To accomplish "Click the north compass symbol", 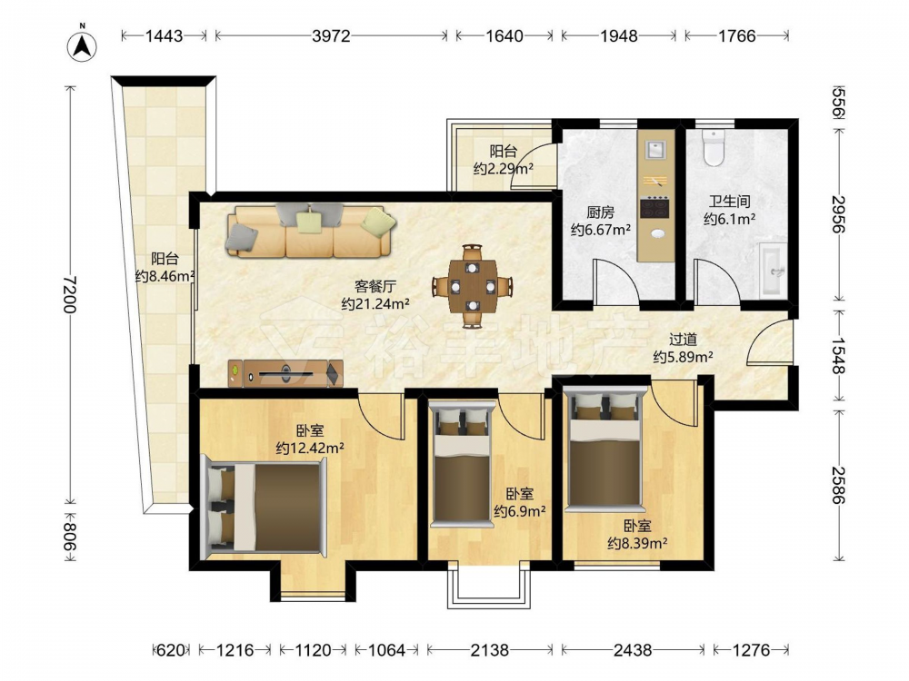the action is pos(83,44).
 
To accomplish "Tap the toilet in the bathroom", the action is pos(713,147).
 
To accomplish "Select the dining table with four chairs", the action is pos(473,286).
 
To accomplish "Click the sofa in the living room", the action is pos(311,231).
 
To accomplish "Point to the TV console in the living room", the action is pos(285,373).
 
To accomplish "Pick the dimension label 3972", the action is pos(331,36).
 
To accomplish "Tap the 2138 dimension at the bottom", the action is pos(489,650).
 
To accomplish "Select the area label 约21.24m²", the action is pos(375,303).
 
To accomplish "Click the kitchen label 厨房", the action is pos(600,212).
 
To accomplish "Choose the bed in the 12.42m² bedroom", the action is pos(264,506).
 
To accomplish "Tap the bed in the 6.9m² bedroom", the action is pos(463,464).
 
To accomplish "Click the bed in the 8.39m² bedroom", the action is pos(605,450).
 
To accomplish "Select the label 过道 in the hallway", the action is pos(683,340).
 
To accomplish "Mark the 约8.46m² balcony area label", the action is pos(165,276).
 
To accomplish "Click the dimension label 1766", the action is pos(737,36).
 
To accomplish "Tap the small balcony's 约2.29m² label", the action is pos(504,169).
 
